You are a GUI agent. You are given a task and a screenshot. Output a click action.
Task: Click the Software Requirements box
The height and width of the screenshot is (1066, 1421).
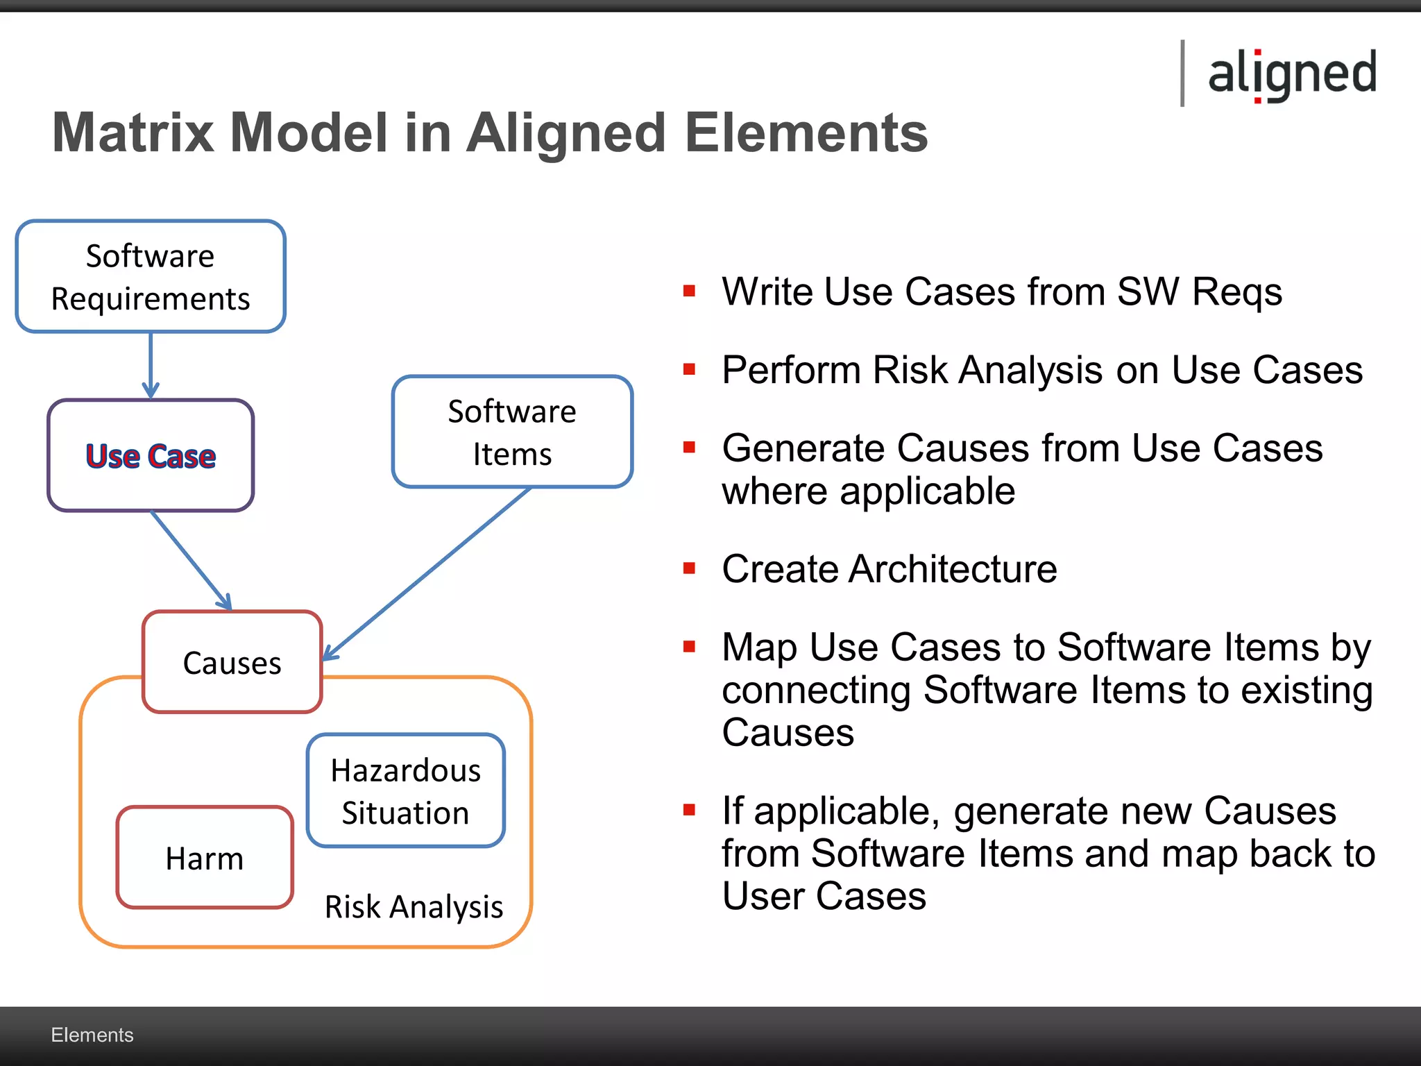(151, 277)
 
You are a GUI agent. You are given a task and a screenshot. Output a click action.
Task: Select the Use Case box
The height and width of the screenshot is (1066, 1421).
(151, 456)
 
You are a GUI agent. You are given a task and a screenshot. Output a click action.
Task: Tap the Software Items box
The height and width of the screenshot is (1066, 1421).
(512, 432)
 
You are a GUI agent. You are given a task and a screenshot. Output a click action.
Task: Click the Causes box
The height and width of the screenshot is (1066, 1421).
(232, 663)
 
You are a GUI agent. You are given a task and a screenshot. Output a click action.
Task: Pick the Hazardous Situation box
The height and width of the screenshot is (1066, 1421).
(406, 791)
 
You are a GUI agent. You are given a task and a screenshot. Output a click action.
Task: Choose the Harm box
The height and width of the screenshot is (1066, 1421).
(205, 858)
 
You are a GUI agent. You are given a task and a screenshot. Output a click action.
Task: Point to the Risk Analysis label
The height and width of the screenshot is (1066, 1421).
(414, 907)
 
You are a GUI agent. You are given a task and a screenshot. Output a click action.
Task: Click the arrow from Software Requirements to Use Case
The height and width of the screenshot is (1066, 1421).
(151, 364)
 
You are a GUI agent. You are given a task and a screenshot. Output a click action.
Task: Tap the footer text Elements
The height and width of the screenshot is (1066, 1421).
(92, 1035)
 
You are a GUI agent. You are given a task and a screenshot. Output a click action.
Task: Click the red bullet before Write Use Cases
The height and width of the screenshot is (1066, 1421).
(689, 291)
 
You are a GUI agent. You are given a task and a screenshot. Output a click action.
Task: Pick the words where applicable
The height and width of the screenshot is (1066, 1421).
(868, 491)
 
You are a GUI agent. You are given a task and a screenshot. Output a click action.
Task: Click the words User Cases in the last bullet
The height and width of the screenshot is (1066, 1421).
(824, 896)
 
